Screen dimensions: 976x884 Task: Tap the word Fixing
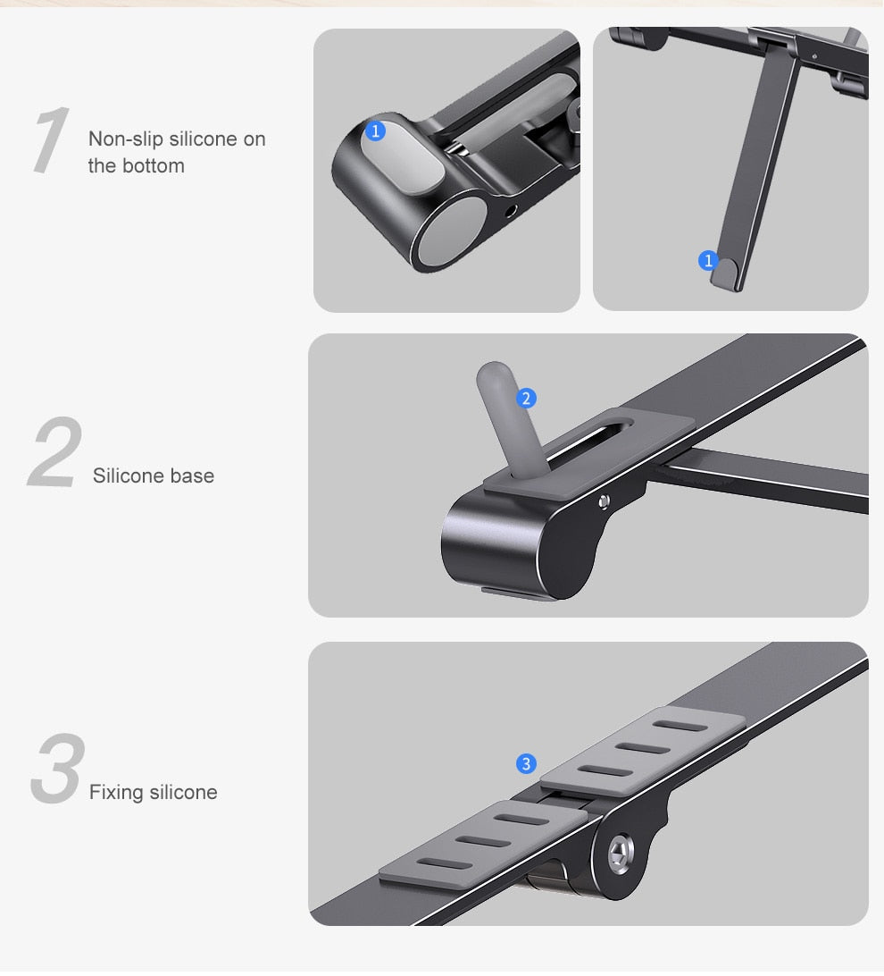(116, 793)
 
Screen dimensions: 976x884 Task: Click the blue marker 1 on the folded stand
(375, 131)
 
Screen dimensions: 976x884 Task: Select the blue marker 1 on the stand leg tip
(708, 260)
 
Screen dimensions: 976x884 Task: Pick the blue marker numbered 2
(526, 398)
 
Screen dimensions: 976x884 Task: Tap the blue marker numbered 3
(526, 763)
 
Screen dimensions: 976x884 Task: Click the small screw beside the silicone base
(606, 501)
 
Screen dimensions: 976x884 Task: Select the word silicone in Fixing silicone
(183, 793)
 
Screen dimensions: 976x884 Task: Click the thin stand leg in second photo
(755, 170)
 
